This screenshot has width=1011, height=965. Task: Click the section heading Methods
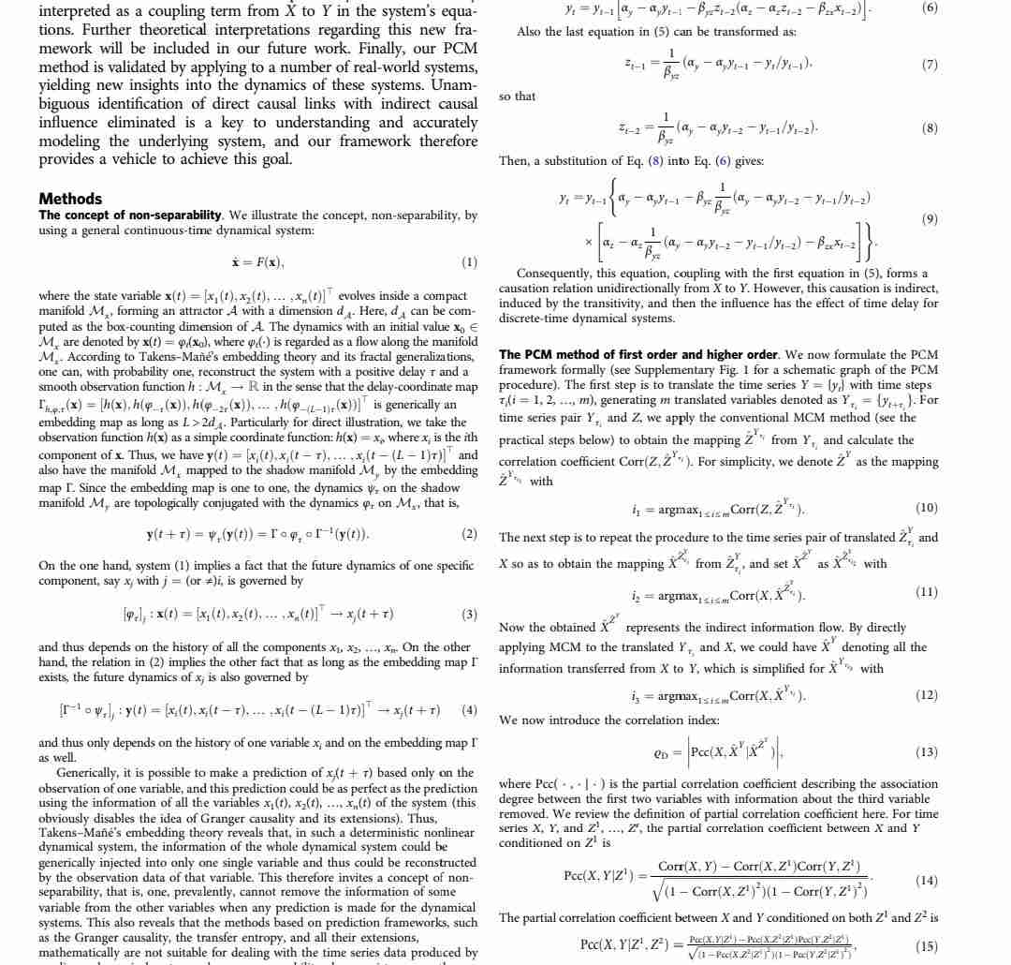pyautogui.click(x=70, y=199)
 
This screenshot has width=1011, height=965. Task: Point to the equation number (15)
pyautogui.click(x=929, y=945)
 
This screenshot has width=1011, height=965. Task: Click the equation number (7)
pyautogui.click(x=929, y=65)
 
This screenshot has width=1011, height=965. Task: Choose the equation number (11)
pyautogui.click(x=929, y=594)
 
